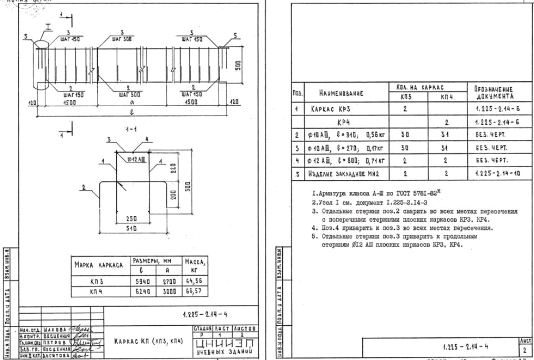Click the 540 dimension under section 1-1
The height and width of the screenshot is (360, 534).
(138, 229)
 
